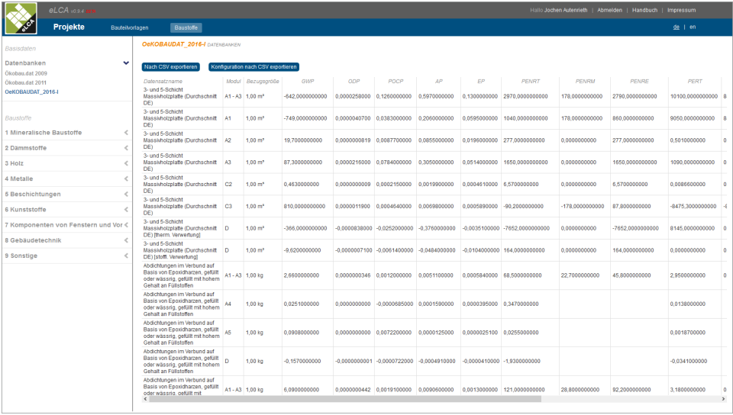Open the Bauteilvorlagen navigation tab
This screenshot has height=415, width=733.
(x=130, y=27)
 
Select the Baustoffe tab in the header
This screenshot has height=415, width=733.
(x=186, y=27)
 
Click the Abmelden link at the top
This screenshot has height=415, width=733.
(x=609, y=10)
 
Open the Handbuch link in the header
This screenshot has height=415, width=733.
(x=644, y=10)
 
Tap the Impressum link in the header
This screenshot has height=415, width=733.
(x=681, y=10)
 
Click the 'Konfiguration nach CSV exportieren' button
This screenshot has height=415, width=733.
(x=253, y=67)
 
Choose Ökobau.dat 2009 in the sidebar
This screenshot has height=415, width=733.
(x=26, y=73)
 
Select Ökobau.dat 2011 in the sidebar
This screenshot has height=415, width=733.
(x=26, y=82)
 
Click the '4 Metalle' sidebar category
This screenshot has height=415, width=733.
(x=21, y=179)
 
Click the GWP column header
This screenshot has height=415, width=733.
(x=308, y=81)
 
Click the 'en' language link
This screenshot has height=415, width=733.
(x=693, y=27)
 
